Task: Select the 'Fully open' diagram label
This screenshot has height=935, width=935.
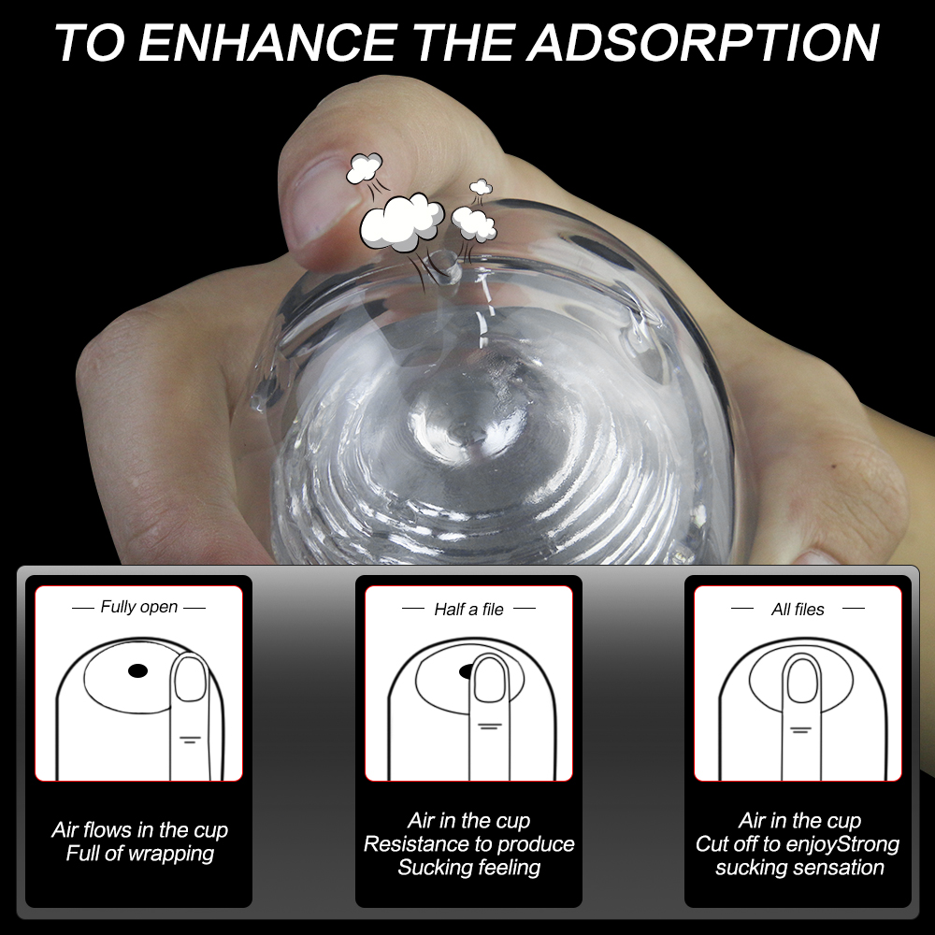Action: [x=138, y=607]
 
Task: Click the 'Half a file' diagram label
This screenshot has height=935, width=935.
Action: [x=468, y=609]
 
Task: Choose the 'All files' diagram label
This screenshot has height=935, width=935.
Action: [x=798, y=609]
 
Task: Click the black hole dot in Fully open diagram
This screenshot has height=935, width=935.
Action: [x=137, y=669]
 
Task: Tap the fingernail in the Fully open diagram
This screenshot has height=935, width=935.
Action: [x=192, y=679]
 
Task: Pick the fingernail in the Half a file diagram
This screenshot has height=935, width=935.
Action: [x=490, y=680]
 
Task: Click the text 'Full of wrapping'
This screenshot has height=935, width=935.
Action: [x=139, y=853]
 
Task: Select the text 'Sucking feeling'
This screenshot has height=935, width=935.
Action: [x=468, y=867]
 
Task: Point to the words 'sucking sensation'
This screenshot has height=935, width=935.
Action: [x=799, y=867]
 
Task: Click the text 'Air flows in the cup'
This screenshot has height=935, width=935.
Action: [x=139, y=829]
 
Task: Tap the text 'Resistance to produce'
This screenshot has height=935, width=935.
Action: [x=468, y=843]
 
